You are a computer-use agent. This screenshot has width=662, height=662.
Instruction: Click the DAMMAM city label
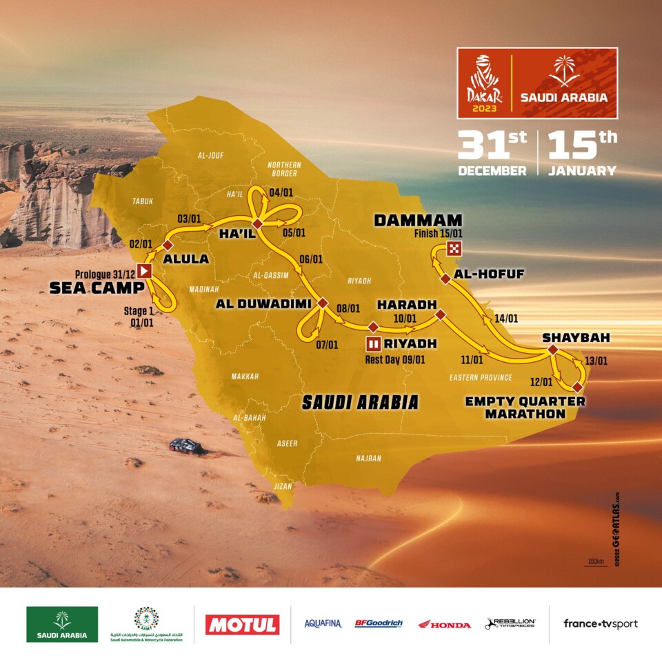tap(408, 221)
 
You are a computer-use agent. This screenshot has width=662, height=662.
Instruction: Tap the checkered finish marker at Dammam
tap(454, 249)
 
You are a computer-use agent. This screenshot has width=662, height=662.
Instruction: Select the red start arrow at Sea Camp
tap(144, 271)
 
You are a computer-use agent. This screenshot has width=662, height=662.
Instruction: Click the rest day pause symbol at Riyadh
tap(373, 343)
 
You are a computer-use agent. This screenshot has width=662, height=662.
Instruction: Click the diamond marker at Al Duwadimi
tap(323, 303)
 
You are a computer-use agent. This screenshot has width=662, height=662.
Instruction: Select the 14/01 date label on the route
tap(507, 319)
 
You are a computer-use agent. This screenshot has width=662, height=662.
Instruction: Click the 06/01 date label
tap(311, 259)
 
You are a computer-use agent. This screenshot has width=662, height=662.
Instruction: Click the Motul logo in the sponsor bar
tap(242, 625)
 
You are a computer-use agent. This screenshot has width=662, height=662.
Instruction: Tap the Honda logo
tap(445, 624)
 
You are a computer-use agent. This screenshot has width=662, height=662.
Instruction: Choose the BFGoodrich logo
tap(379, 623)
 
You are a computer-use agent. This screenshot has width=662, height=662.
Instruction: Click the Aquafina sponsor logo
tap(323, 623)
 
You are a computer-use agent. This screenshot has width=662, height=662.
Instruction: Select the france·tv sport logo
tap(600, 623)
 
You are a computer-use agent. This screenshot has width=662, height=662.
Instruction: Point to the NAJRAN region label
tap(369, 457)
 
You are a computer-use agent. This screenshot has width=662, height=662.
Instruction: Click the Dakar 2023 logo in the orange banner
tap(484, 83)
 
